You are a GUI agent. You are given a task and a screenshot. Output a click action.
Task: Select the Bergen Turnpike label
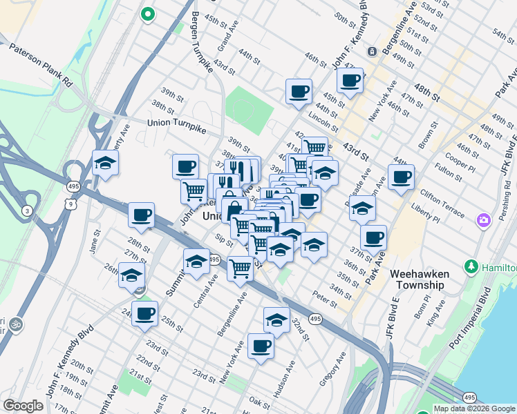[x=201, y=42]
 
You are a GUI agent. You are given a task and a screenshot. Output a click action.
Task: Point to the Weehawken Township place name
[x=419, y=279]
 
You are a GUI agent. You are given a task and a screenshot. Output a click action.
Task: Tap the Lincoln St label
[x=323, y=123]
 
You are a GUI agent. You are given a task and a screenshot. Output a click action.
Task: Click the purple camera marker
[x=483, y=221]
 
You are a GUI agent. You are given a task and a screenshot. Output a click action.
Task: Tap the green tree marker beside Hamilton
[x=472, y=266]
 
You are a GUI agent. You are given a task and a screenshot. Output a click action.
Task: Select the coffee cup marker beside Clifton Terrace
[x=401, y=178]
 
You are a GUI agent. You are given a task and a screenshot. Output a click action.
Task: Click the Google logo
[x=23, y=406]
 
